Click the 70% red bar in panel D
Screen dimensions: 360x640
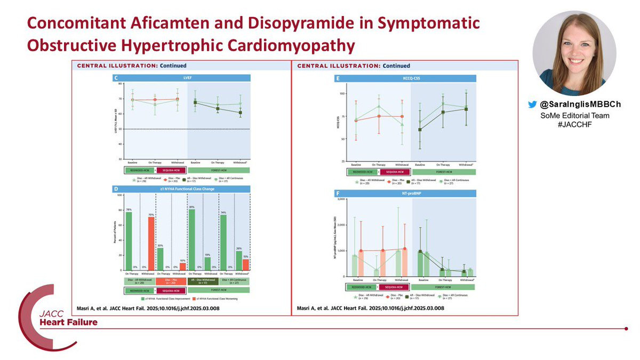151,243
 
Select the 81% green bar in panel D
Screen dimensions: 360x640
191,240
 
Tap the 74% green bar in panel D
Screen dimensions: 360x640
223,243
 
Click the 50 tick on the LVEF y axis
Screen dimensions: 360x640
121,129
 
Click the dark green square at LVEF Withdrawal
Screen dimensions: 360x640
240,113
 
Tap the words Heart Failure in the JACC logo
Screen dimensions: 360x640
67,322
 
